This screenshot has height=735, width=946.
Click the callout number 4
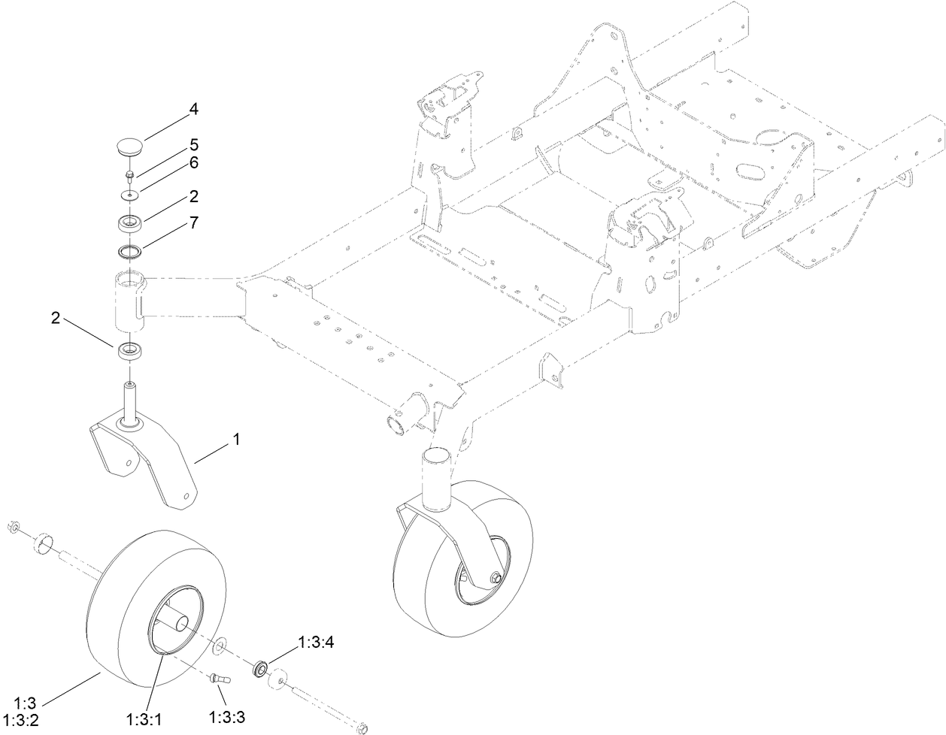coord(193,109)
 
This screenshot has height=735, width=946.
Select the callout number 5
coord(193,143)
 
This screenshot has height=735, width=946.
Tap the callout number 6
coord(193,162)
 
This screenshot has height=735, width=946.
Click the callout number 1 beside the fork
coord(236,440)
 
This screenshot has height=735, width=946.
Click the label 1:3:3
coord(228,717)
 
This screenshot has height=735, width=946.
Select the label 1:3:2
coord(24,718)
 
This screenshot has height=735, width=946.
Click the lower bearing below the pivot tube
coord(132,351)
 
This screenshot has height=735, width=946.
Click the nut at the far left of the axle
coord(14,528)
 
